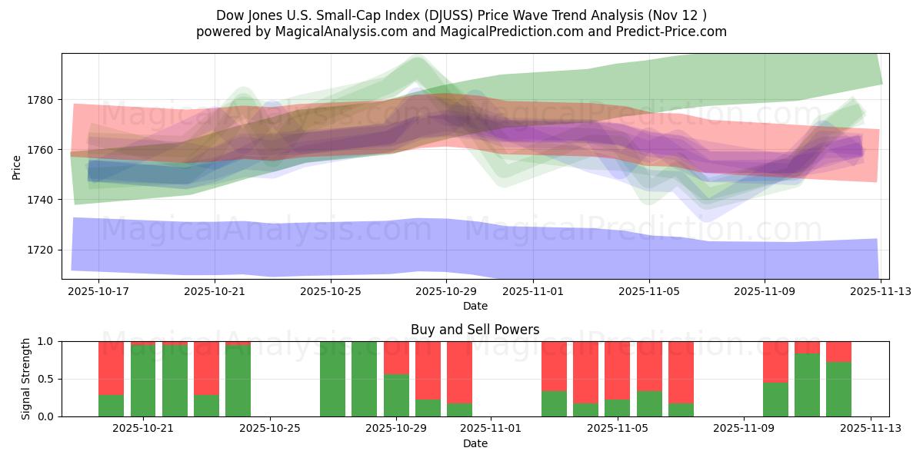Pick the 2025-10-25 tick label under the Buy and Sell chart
pyautogui.click(x=270, y=429)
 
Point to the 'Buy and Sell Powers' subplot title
pyautogui.click(x=475, y=330)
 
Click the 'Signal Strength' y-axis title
pyautogui.click(x=26, y=378)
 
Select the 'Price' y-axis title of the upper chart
pyautogui.click(x=17, y=166)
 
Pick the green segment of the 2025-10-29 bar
pyautogui.click(x=396, y=395)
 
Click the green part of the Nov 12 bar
pyautogui.click(x=838, y=389)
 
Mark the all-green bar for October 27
pyautogui.click(x=333, y=379)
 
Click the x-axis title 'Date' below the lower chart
pyautogui.click(x=475, y=443)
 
